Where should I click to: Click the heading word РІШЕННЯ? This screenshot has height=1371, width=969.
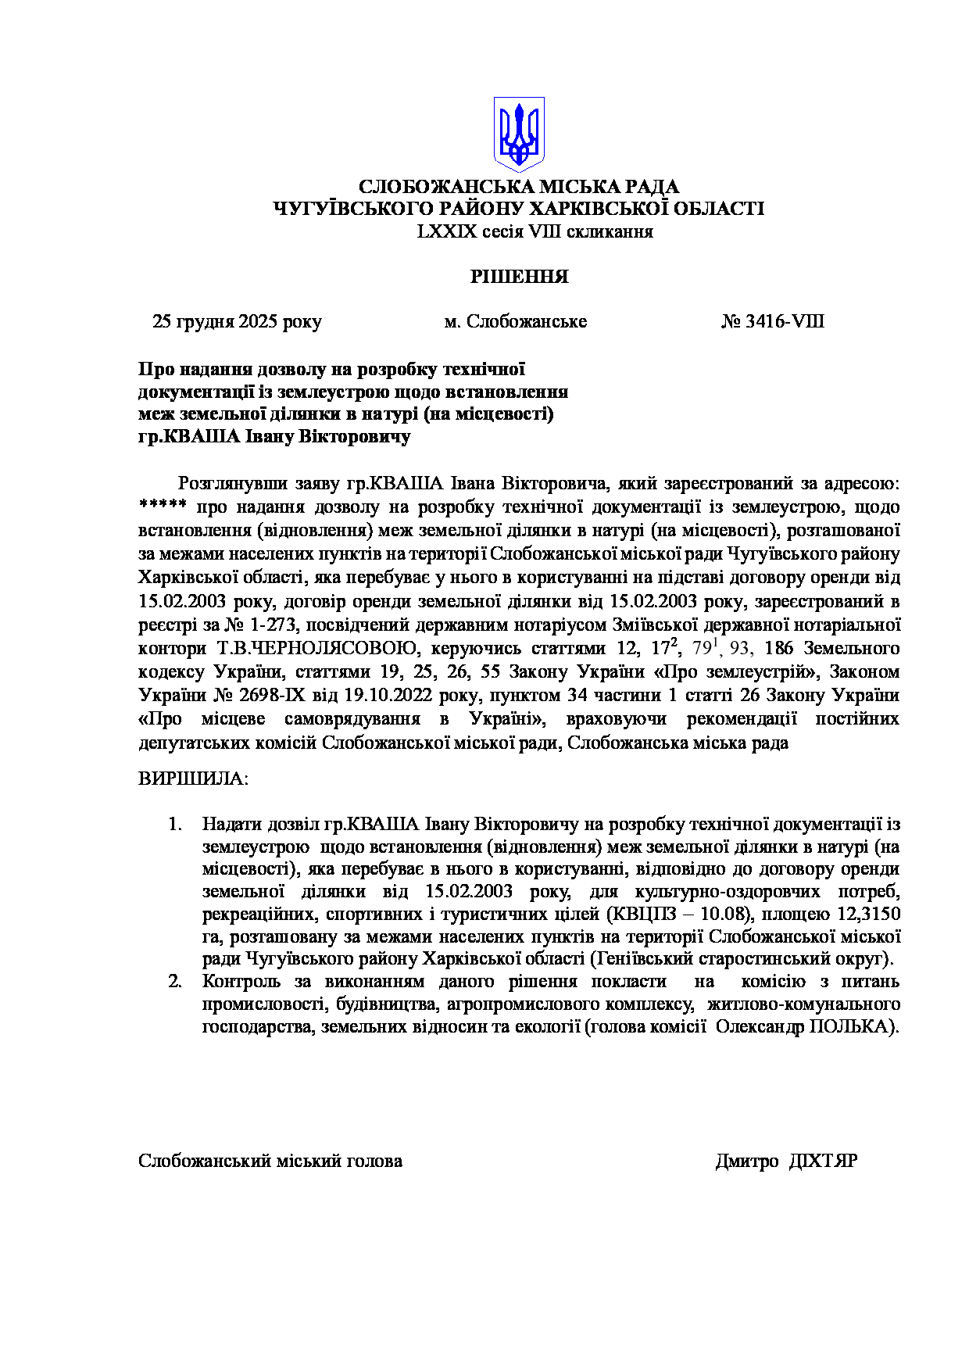coord(518,277)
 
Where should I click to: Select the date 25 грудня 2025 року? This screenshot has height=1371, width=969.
coord(237,322)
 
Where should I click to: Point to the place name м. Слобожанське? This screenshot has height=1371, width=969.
coord(515,322)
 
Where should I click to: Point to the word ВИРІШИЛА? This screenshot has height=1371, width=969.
coord(192,779)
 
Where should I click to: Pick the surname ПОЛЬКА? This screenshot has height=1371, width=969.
coord(852,1027)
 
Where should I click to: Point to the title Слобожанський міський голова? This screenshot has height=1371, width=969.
coord(270,1162)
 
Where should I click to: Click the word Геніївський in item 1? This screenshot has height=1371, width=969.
coord(642,959)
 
